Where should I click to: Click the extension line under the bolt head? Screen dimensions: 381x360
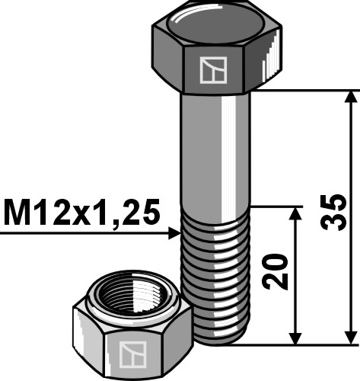coord(304,91)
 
